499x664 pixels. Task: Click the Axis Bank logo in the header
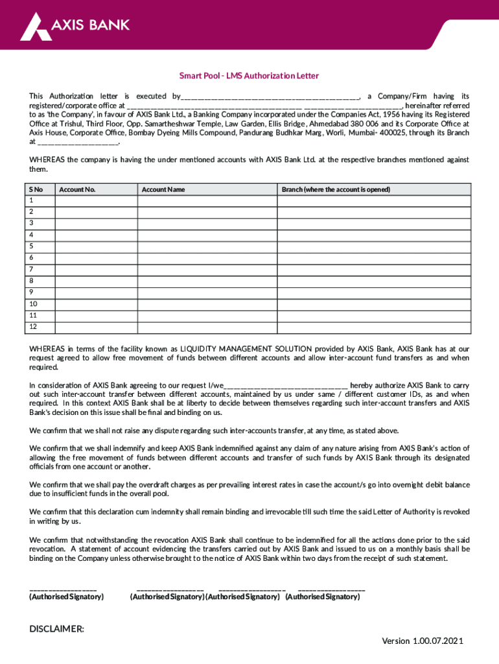(75, 26)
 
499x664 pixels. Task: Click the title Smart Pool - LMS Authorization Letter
(249, 76)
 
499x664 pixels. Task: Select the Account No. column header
(77, 189)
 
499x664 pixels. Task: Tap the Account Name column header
(163, 189)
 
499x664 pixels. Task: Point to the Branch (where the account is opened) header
(336, 189)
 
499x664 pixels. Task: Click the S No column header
(36, 189)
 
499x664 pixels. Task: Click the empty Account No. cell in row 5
(96, 246)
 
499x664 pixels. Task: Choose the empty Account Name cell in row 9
(207, 291)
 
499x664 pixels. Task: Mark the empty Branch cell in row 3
(374, 223)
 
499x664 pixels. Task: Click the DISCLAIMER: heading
(57, 629)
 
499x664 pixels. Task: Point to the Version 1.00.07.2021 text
(423, 641)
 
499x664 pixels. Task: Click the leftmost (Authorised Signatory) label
(67, 597)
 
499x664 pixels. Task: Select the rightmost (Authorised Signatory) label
(322, 597)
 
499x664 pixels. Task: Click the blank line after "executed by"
(270, 96)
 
